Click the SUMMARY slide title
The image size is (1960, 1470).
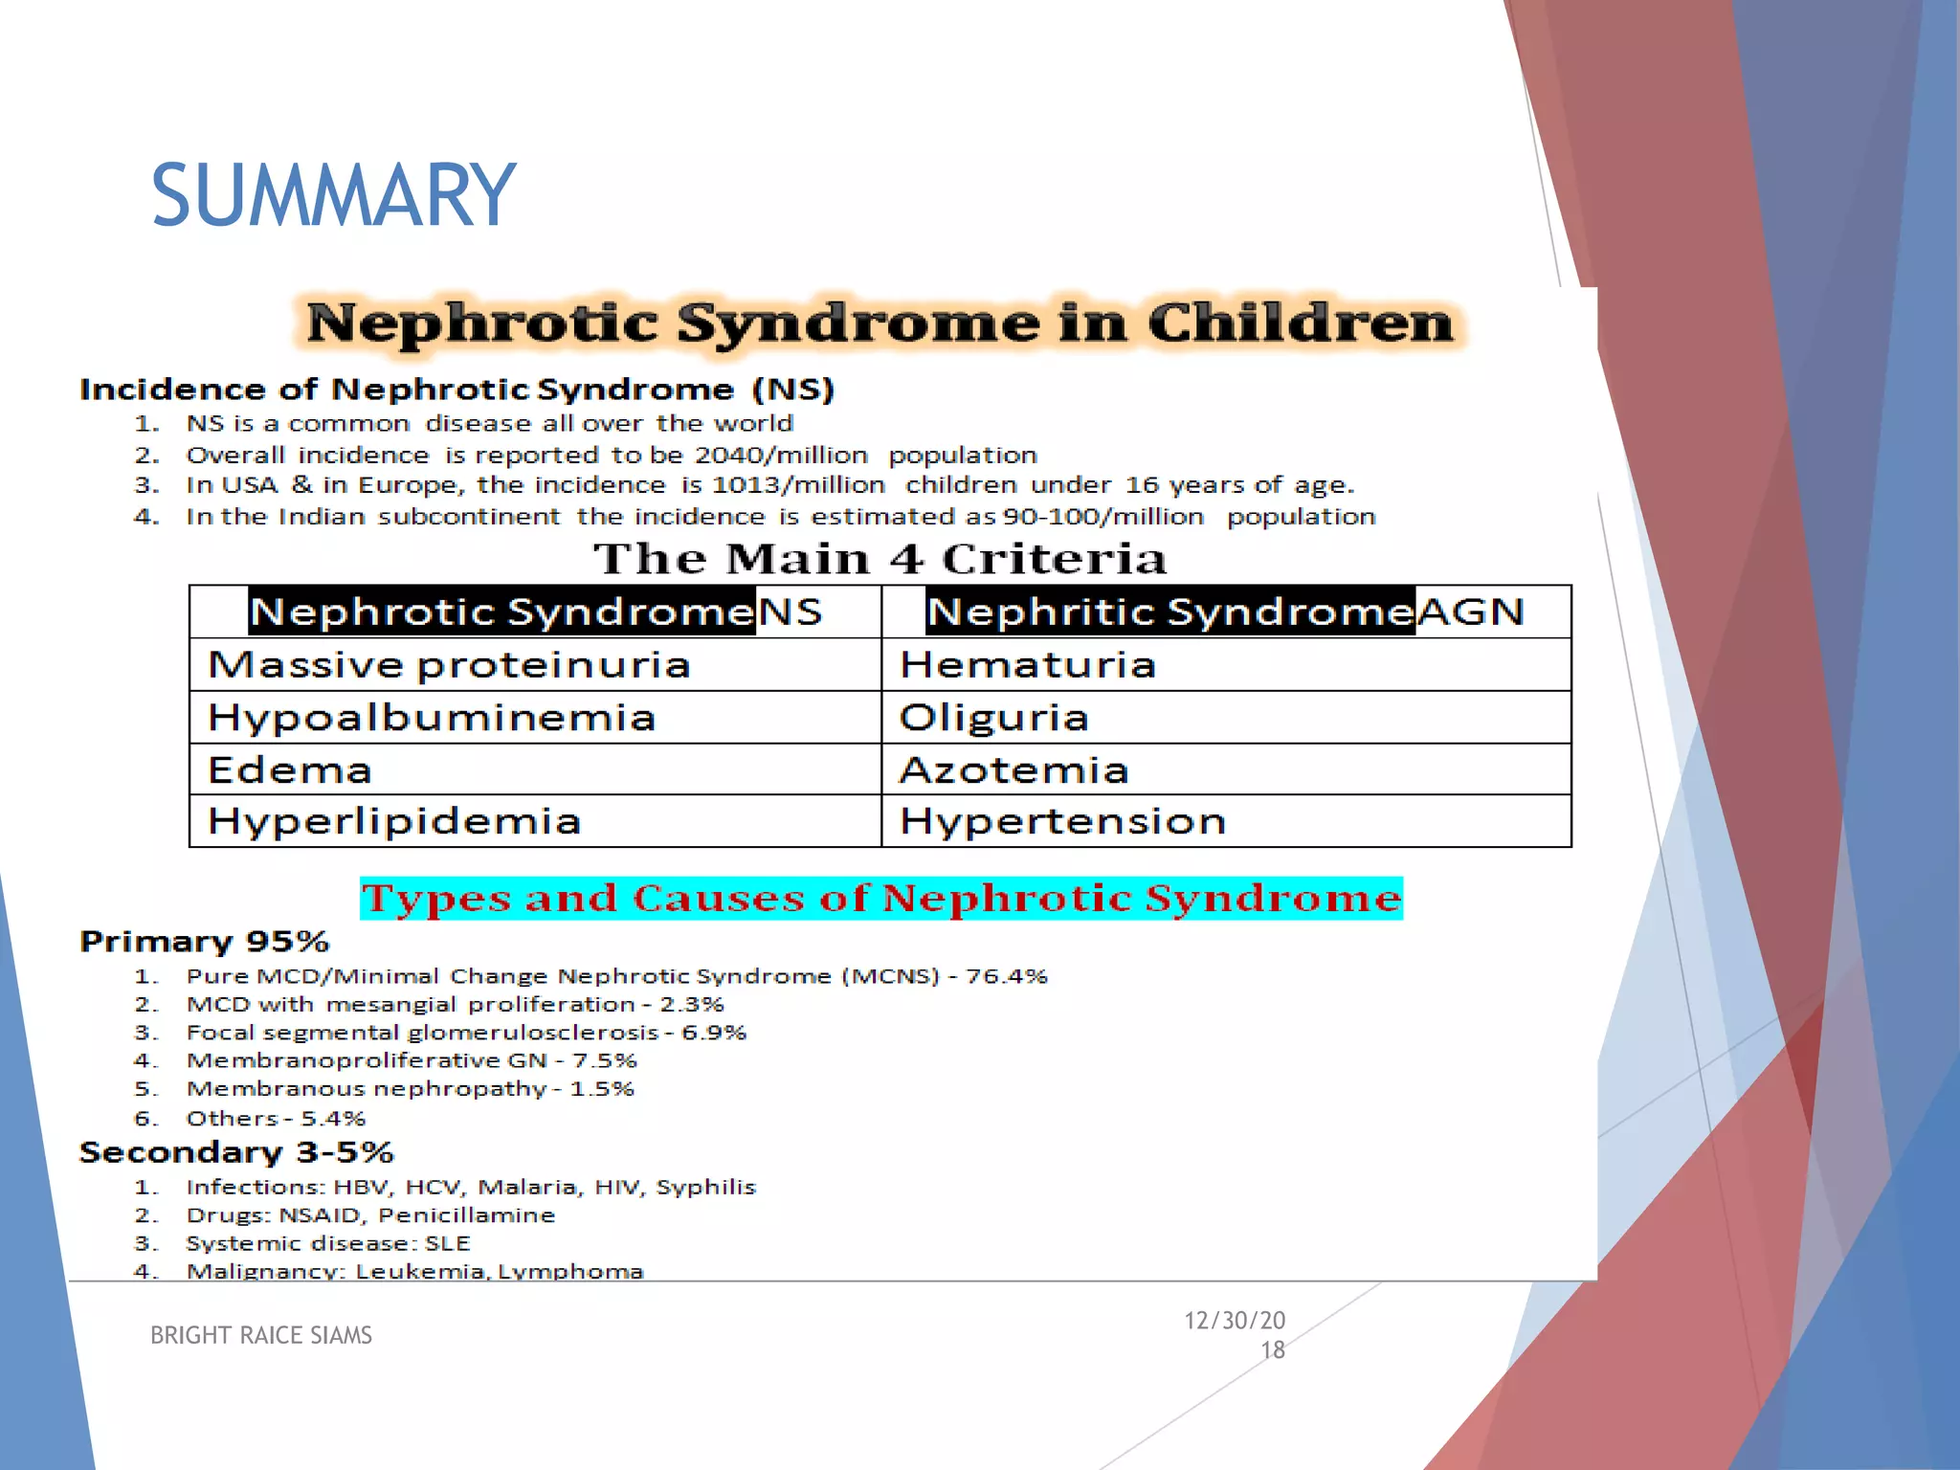click(333, 195)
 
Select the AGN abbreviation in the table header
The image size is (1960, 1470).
click(1471, 612)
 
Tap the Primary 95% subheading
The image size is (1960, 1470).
click(205, 942)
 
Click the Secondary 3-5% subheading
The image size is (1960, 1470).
click(236, 1152)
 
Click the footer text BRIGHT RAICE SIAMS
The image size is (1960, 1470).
click(261, 1335)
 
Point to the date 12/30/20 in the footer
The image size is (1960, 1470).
click(1235, 1321)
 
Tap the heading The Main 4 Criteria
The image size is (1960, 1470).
click(880, 559)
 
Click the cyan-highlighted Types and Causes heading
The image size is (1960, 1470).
click(880, 899)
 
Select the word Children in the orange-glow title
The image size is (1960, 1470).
click(1301, 323)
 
